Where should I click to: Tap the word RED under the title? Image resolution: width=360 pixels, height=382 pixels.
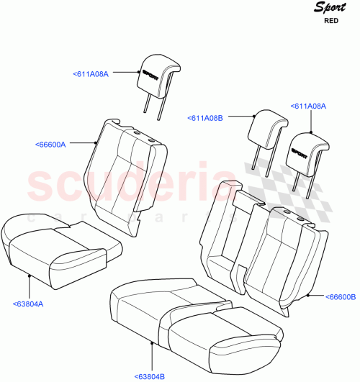point(332,22)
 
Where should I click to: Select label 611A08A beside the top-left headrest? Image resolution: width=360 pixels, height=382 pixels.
point(91,73)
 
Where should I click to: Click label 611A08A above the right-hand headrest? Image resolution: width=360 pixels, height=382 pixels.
point(308,106)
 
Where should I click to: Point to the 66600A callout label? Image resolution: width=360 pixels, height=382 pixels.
point(50,145)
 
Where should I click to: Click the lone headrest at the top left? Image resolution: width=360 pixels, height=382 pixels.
point(157,72)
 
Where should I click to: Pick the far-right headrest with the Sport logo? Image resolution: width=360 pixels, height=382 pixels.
point(308,151)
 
